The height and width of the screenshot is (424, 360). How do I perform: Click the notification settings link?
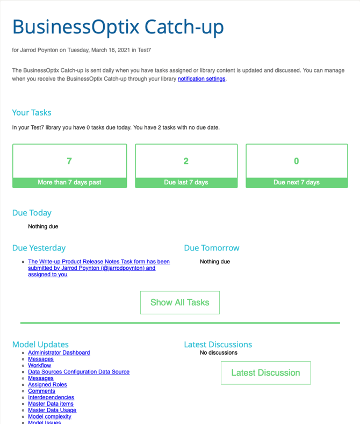pos(201,79)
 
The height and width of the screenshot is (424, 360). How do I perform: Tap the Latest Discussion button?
pos(265,373)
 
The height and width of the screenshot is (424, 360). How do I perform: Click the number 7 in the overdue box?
pos(69,161)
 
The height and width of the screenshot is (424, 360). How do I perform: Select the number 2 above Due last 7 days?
pos(186,161)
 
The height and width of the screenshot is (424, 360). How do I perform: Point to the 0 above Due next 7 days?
pos(297,161)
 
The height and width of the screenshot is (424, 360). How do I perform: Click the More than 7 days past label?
pos(69,182)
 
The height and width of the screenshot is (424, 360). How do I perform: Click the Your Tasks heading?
pos(32,112)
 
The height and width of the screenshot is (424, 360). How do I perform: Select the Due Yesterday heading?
pos(39,248)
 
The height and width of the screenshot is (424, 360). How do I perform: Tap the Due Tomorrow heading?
pos(211,248)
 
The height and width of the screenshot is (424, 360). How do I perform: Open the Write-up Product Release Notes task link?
pos(99,268)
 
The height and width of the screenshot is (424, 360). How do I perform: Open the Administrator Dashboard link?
pos(59,353)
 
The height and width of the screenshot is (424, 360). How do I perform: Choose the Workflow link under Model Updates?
pos(40,365)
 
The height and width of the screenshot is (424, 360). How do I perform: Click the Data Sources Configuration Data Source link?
pos(78,372)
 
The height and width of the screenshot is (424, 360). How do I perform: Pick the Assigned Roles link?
pos(47,385)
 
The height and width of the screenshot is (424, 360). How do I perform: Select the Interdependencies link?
pos(51,398)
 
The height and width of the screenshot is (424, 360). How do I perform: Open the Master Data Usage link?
pos(52,410)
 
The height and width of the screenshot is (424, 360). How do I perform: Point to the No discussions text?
pos(218,353)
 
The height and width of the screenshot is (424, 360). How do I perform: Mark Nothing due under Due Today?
pos(43,227)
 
